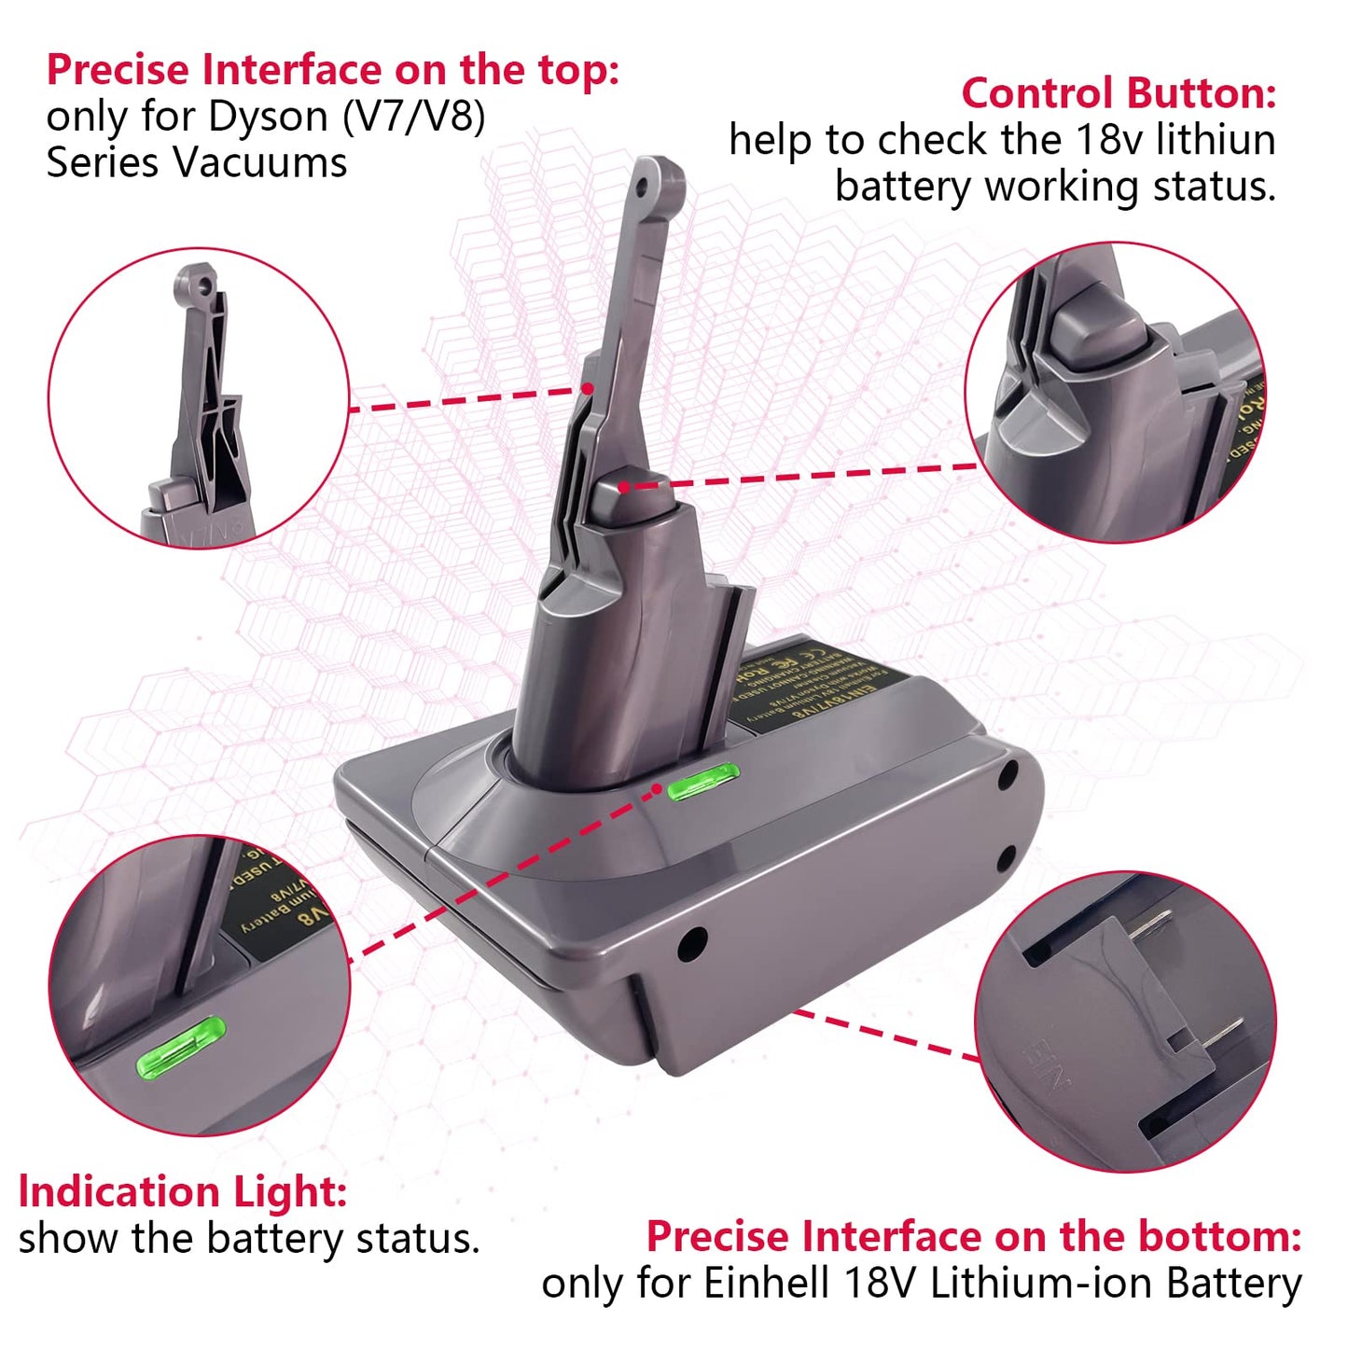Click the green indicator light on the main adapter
(703, 783)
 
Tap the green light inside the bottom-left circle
(181, 1046)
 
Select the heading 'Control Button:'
(1119, 93)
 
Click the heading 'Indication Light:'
(183, 1192)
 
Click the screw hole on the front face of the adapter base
(692, 943)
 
